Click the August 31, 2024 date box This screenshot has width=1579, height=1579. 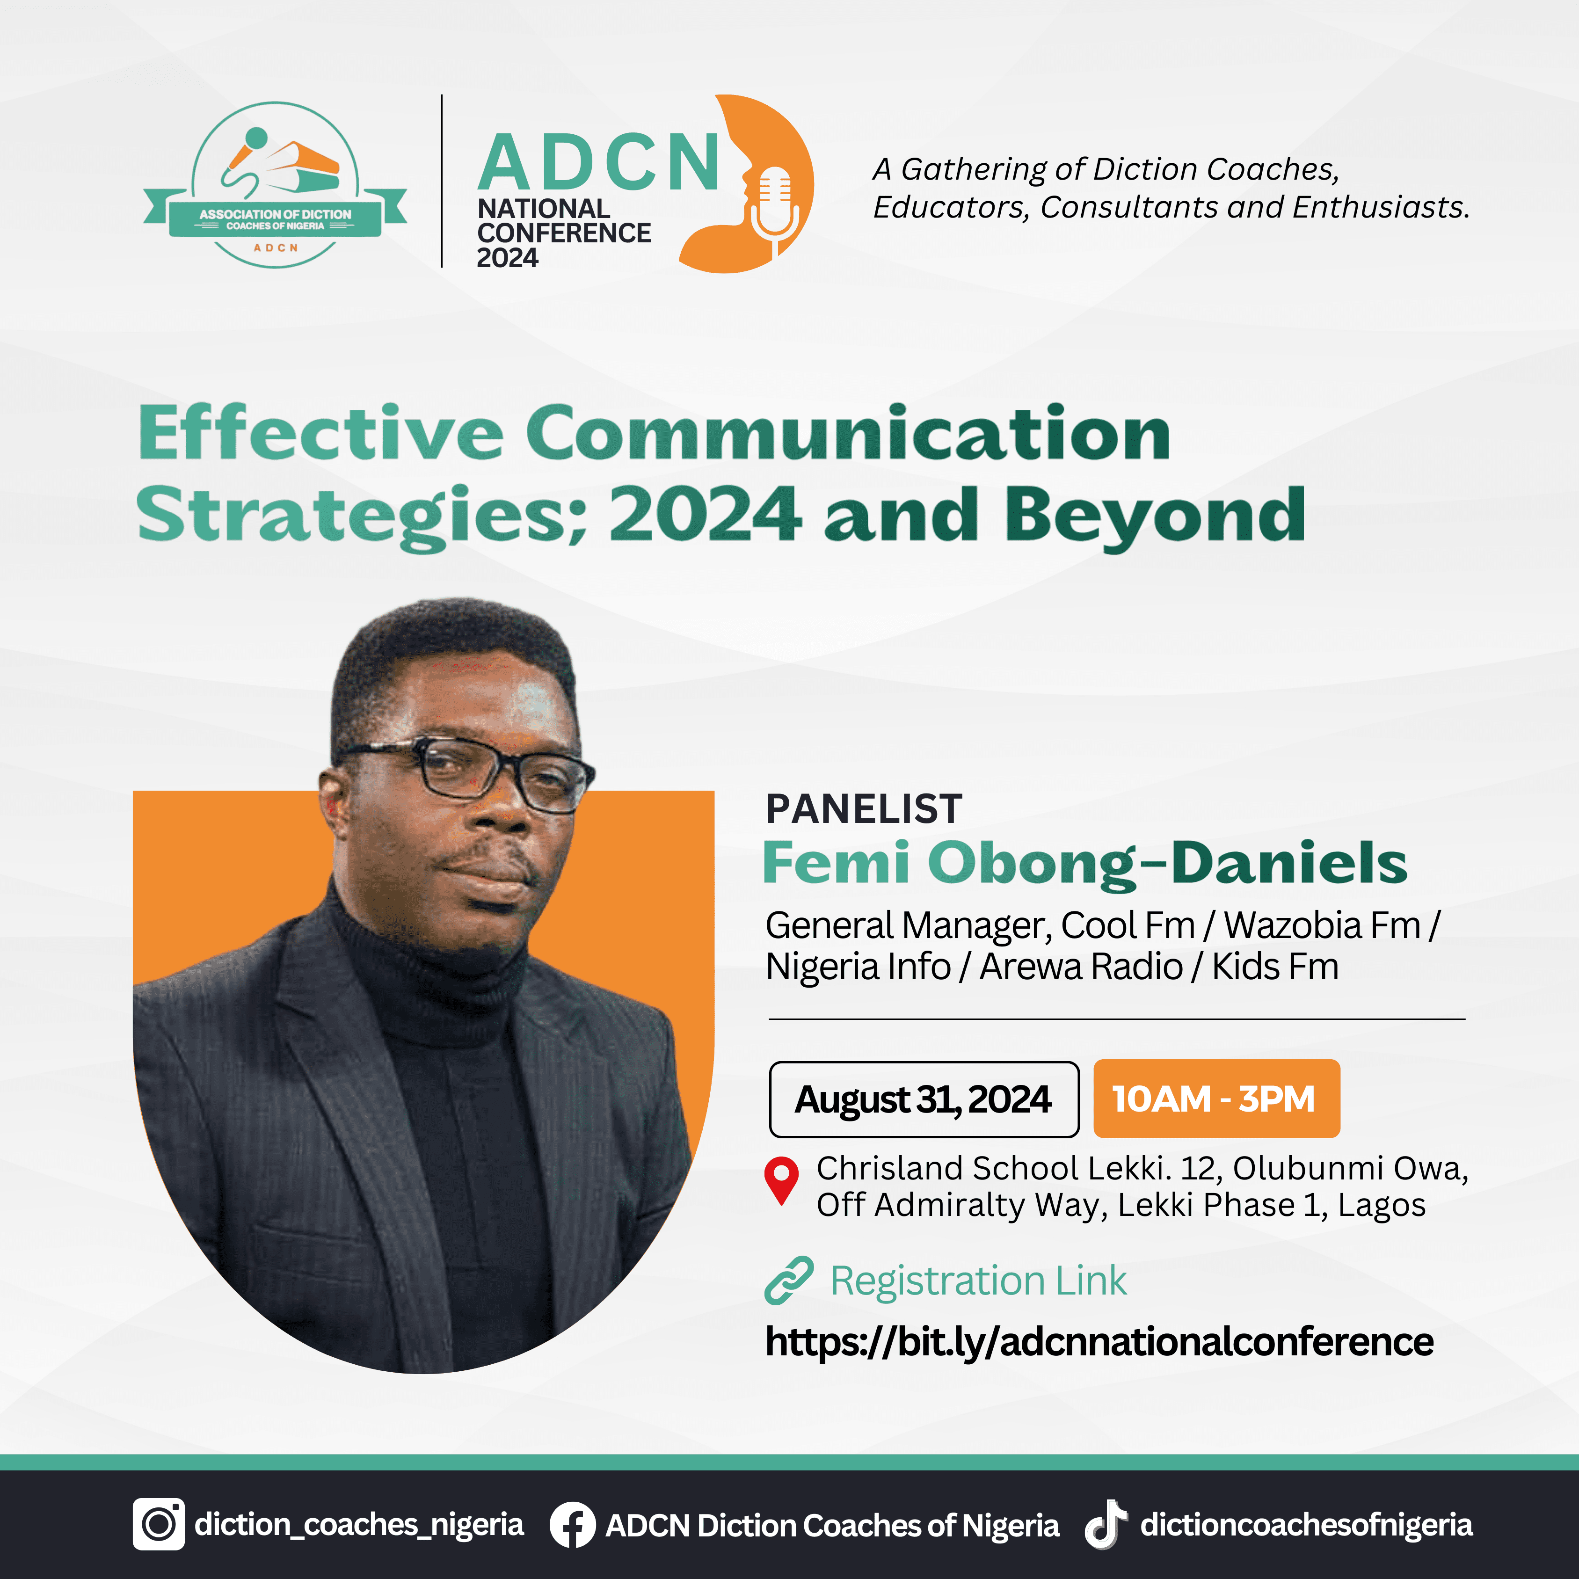click(924, 1099)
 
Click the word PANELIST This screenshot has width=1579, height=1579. click(864, 809)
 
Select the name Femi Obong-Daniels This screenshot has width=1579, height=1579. click(1084, 863)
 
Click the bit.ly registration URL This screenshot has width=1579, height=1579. click(1099, 1342)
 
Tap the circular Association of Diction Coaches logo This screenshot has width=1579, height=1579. click(276, 185)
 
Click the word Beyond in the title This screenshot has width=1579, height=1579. click(1154, 515)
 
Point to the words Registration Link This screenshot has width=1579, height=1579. click(978, 1281)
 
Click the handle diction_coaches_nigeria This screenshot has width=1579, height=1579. click(359, 1524)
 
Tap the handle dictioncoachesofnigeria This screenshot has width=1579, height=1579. click(1306, 1524)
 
